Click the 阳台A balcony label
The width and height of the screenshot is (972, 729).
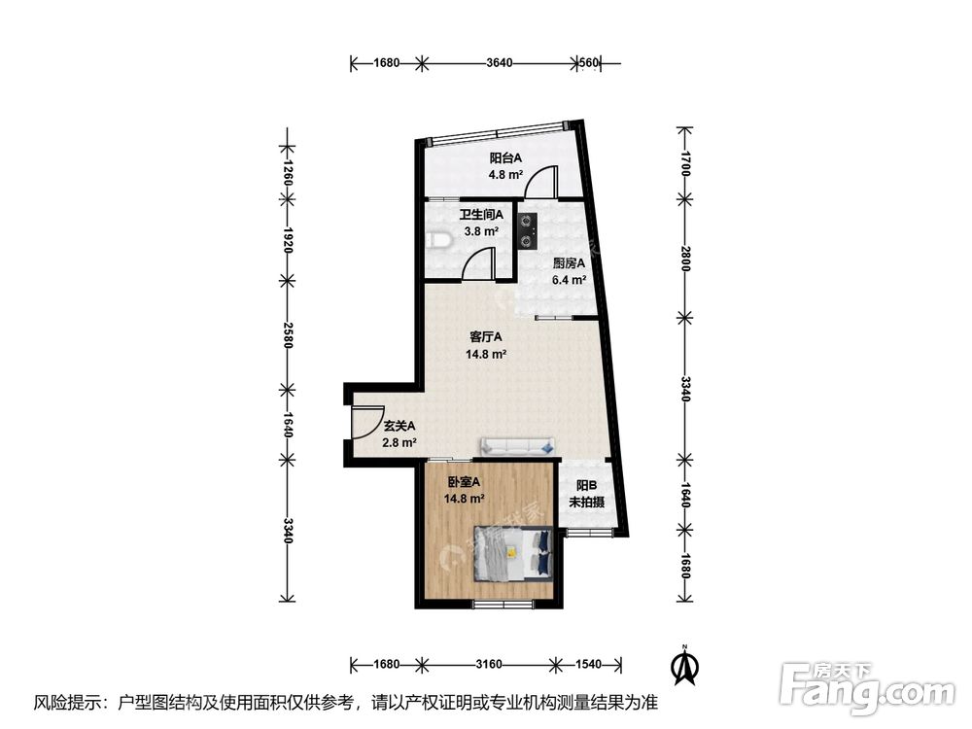click(505, 158)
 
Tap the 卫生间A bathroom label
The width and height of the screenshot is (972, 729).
click(480, 216)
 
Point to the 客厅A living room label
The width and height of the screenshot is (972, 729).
click(485, 337)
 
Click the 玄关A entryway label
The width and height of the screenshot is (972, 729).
click(399, 426)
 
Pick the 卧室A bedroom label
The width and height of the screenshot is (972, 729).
click(464, 482)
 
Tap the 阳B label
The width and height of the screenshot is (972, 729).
click(586, 486)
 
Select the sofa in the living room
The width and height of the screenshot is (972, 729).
click(518, 446)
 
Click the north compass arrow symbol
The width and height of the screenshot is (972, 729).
click(685, 665)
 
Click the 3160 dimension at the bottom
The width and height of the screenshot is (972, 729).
click(488, 665)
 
